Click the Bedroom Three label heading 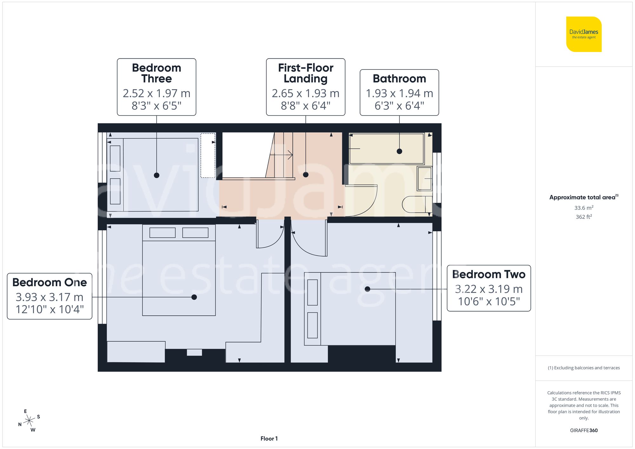tap(156, 73)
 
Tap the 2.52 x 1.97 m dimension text tap(156, 93)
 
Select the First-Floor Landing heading tap(305, 73)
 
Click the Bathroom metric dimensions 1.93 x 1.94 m tap(399, 93)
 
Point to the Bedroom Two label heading tap(488, 274)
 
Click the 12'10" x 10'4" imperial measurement tap(50, 309)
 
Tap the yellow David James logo tap(584, 34)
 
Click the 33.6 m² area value tap(584, 208)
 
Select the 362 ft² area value tap(584, 217)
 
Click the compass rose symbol tap(29, 421)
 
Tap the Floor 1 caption tap(269, 439)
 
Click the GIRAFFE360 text tap(584, 430)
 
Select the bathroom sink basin tap(424, 178)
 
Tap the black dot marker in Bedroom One tap(194, 297)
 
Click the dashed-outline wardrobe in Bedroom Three tap(208, 155)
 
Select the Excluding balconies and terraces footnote tap(584, 368)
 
